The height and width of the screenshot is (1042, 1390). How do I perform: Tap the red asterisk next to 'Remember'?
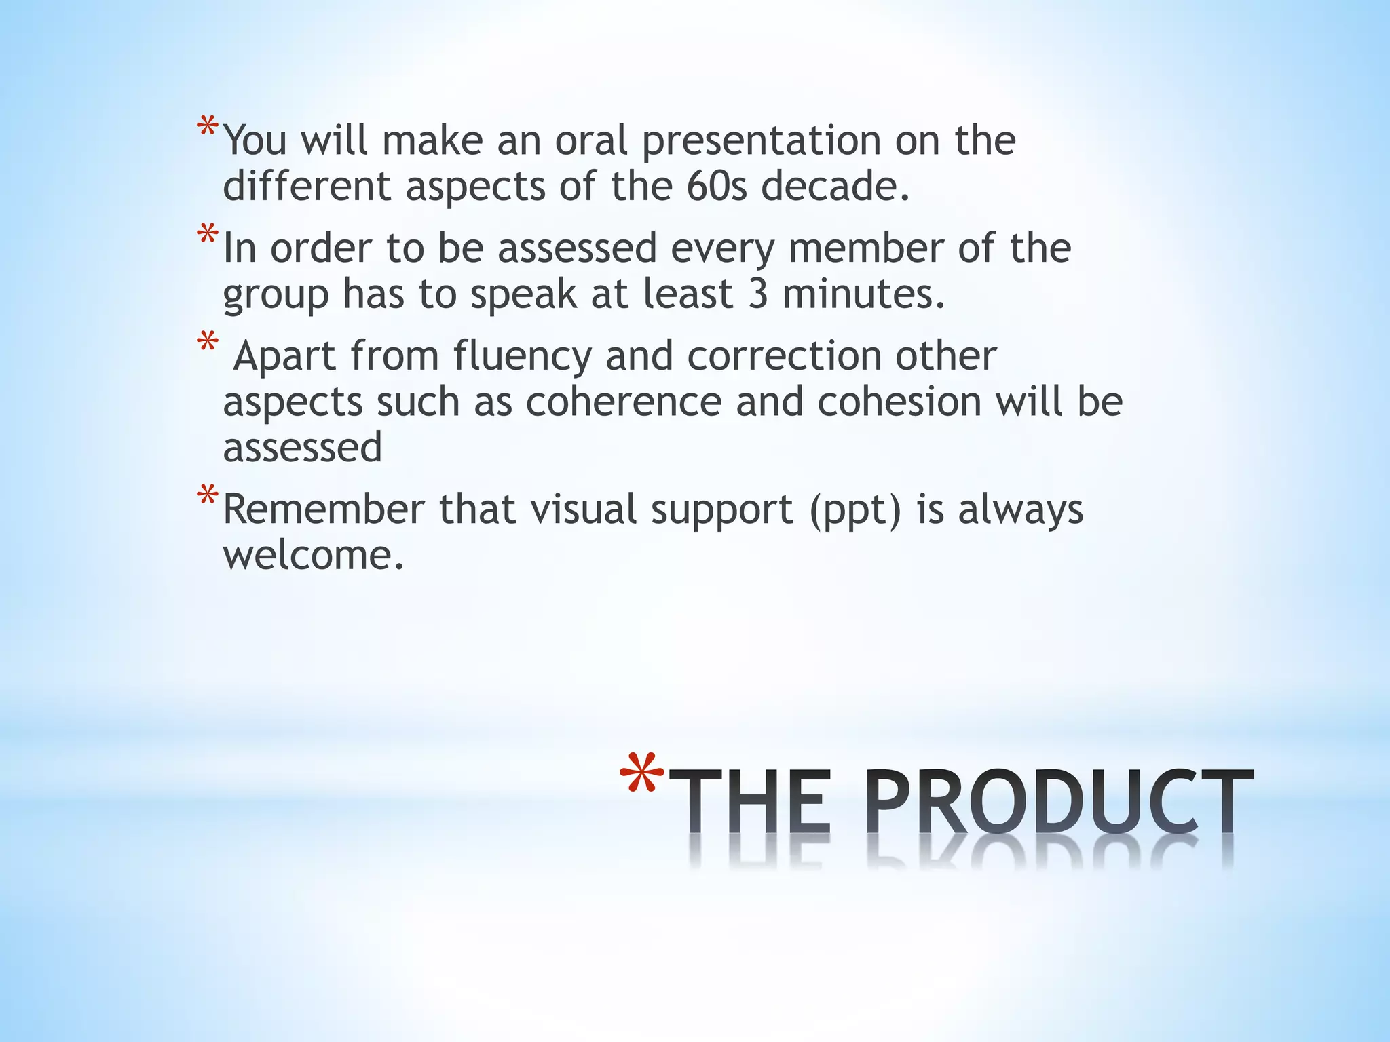point(208,497)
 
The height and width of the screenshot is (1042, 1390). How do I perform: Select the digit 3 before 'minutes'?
point(758,294)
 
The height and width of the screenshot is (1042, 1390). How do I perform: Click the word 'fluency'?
point(522,355)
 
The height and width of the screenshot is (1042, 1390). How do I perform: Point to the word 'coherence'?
point(624,402)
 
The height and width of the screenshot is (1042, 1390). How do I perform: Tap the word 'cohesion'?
point(899,402)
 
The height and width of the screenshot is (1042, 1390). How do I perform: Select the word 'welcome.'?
point(314,556)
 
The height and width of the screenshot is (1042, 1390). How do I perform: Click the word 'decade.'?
point(835,186)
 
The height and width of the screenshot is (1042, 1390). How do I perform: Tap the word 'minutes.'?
point(864,294)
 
